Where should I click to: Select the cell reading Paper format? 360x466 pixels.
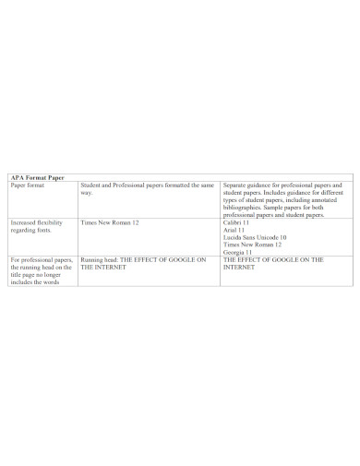[x=29, y=185]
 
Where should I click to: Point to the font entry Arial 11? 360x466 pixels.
[x=234, y=230]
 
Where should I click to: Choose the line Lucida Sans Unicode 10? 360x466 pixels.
[x=255, y=237]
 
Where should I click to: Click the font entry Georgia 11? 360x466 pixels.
[x=238, y=252]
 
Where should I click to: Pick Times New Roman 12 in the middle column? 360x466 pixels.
[x=110, y=222]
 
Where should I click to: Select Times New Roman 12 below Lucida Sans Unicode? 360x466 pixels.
[x=252, y=245]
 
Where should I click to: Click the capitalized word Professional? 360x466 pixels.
[x=132, y=185]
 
